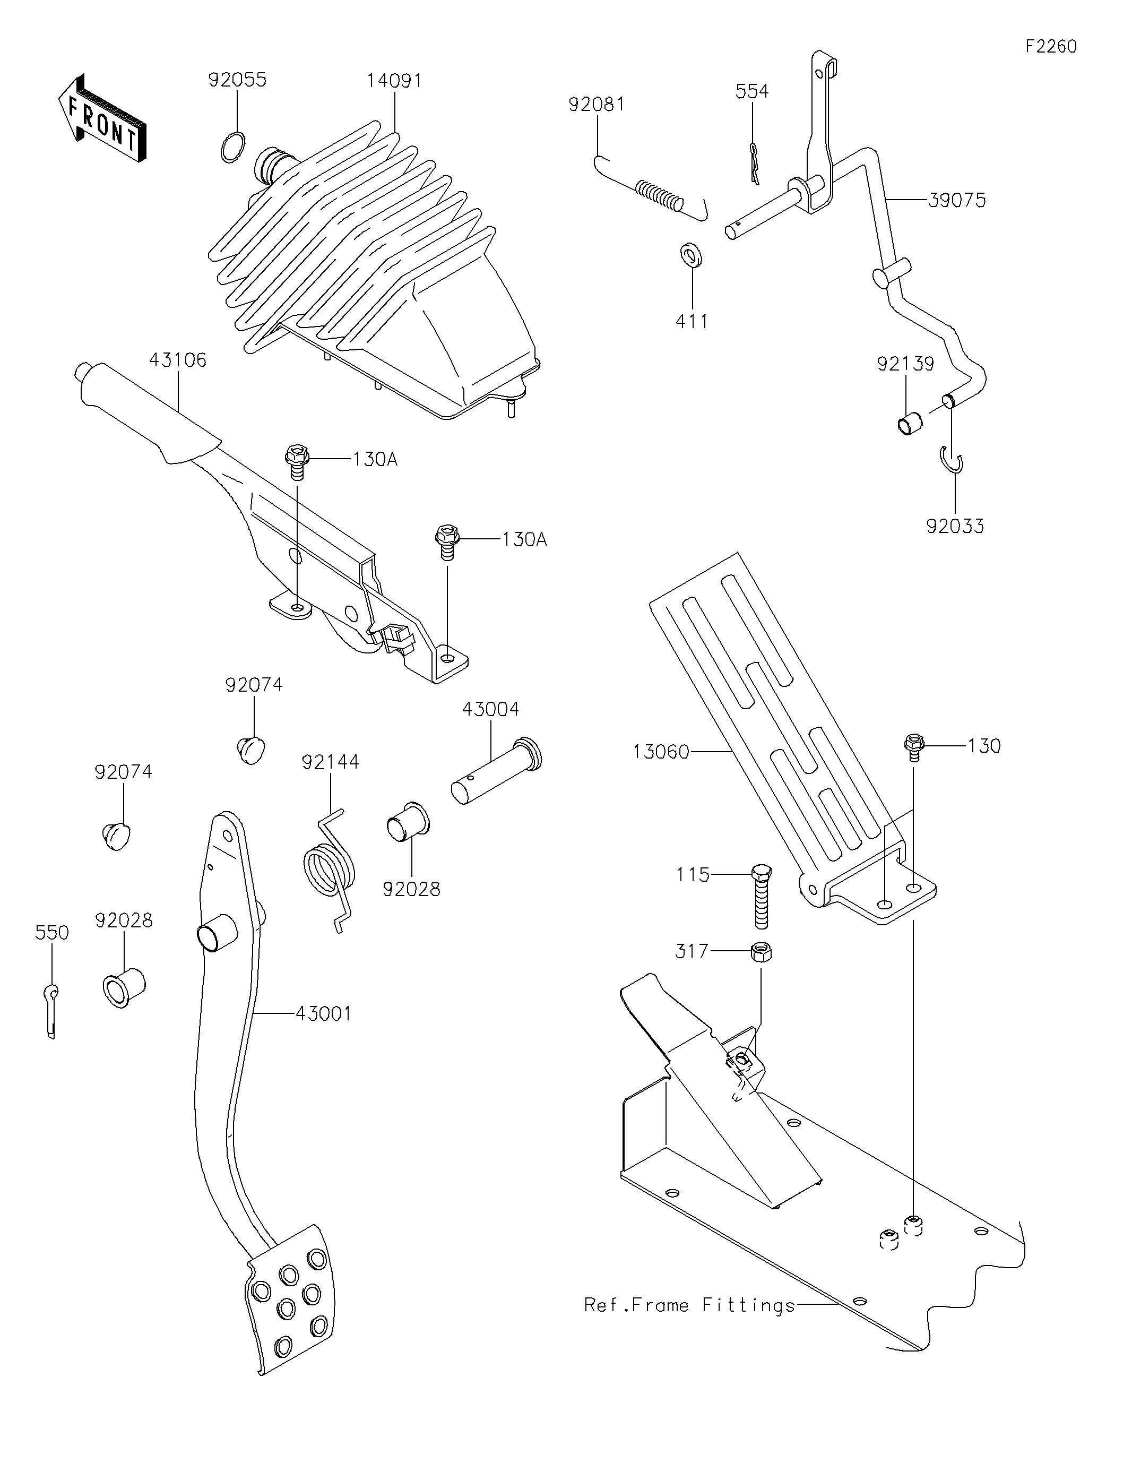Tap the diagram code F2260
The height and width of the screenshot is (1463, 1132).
[x=1050, y=46]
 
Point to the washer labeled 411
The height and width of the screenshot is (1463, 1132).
[x=690, y=255]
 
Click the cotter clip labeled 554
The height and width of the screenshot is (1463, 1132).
[x=754, y=164]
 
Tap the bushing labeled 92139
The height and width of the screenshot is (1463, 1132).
[x=909, y=424]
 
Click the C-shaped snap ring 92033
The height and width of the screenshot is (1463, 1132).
[x=952, y=461]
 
